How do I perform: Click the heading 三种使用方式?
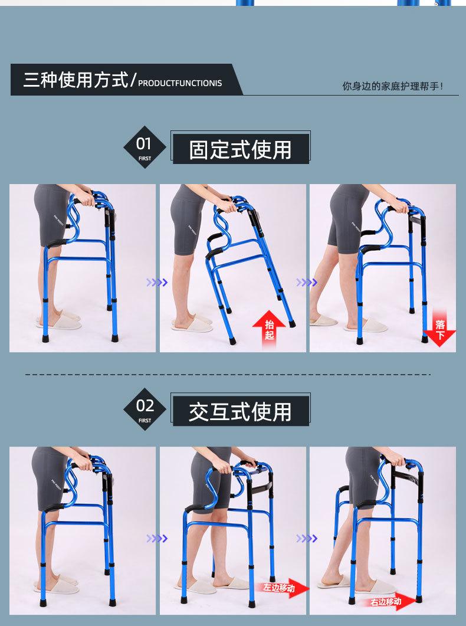(x=76, y=80)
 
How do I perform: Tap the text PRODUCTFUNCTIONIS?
(x=180, y=83)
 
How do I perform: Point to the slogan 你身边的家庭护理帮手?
(x=393, y=86)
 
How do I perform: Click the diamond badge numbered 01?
(x=145, y=147)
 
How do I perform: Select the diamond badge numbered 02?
(x=145, y=409)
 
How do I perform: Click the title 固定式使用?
(x=240, y=150)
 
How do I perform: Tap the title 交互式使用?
(x=240, y=412)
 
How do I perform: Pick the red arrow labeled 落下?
(x=439, y=328)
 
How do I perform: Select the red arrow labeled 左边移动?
(x=284, y=588)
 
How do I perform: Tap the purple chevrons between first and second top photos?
(x=157, y=283)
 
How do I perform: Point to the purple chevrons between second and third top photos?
(x=307, y=283)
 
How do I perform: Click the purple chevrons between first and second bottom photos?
(x=157, y=539)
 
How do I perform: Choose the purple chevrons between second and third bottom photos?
(x=307, y=539)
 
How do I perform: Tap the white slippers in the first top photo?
(x=60, y=319)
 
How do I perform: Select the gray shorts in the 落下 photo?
(x=346, y=218)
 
